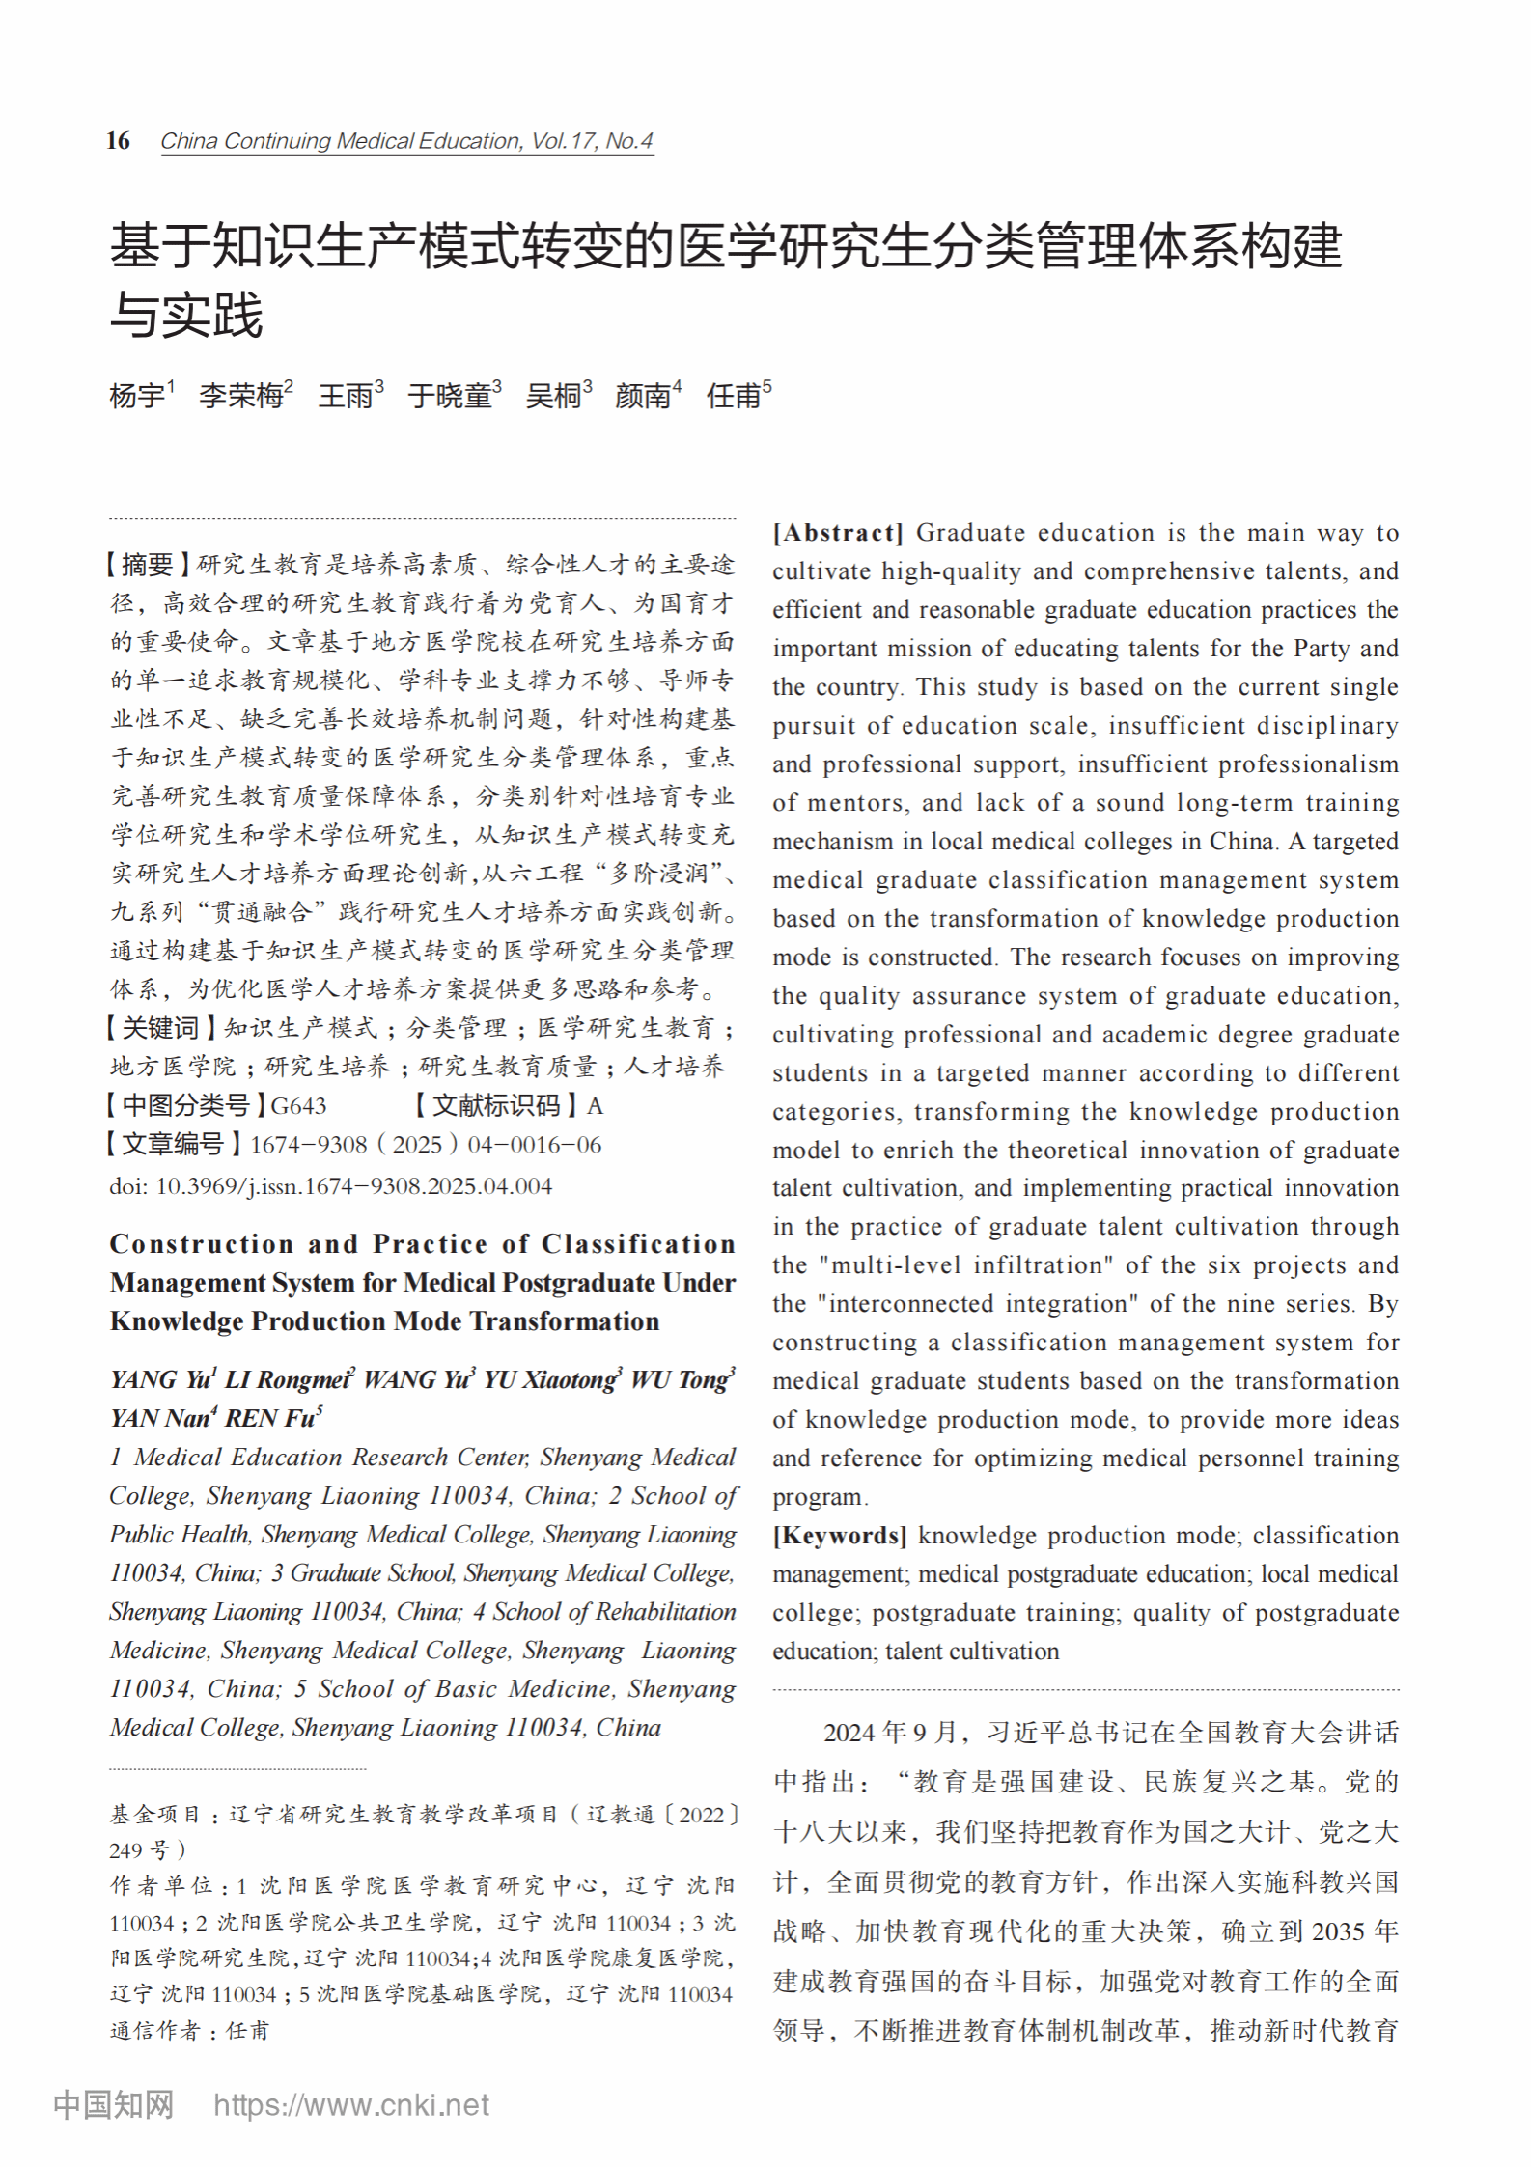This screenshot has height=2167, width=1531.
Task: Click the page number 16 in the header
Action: (x=118, y=141)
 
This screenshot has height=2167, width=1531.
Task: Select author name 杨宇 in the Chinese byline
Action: (x=136, y=396)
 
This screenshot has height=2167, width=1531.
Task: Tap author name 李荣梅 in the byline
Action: (x=240, y=396)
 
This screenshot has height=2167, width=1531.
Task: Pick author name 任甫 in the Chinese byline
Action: (x=733, y=396)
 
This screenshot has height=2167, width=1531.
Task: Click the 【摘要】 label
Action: (x=148, y=565)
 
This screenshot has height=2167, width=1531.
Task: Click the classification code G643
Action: (x=298, y=1106)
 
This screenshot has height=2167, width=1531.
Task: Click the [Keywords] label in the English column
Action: (x=839, y=1536)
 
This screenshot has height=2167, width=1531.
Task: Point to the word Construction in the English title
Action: (x=201, y=1244)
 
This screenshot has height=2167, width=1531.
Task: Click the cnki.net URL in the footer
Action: (x=351, y=2105)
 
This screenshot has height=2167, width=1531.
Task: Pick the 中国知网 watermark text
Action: (x=113, y=2105)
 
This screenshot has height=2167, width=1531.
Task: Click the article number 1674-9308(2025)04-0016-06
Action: (x=425, y=1145)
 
